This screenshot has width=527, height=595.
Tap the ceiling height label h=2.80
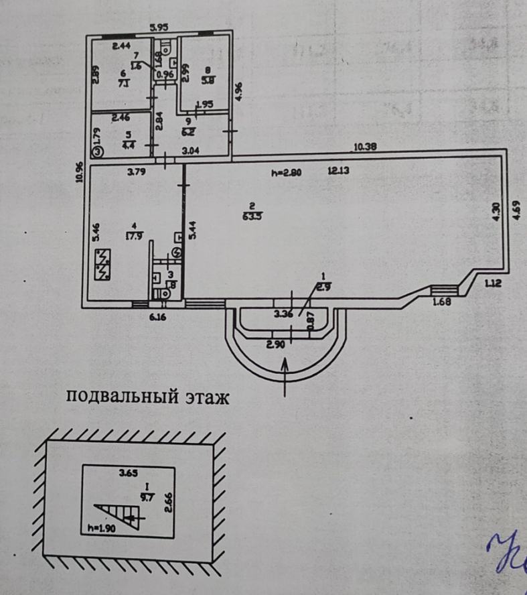287,172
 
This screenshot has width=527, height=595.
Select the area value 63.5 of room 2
252,216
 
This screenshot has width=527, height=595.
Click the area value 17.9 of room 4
130,235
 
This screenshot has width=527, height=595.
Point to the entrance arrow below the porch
286,371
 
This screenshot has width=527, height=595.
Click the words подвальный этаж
148,399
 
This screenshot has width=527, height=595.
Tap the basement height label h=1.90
100,528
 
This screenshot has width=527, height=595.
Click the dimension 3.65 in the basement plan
128,474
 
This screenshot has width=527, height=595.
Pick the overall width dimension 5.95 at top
159,27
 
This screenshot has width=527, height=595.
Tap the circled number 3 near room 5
98,152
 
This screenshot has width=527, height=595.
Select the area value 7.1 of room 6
123,84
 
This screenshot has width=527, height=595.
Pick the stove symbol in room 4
104,264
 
